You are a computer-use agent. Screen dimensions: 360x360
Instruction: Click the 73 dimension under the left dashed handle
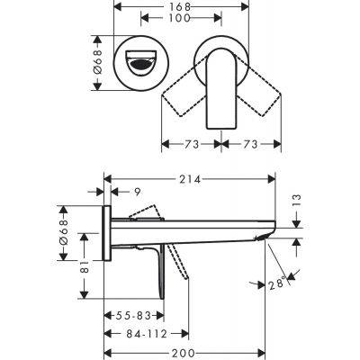192,149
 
